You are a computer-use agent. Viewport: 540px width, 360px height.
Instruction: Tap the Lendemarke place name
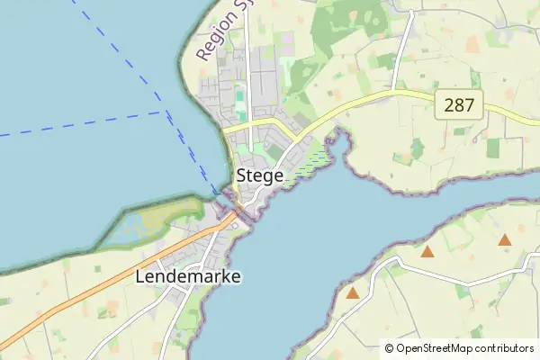click(187, 276)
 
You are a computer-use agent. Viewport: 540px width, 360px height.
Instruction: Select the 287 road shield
click(460, 105)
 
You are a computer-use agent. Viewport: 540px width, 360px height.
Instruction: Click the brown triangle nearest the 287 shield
click(505, 240)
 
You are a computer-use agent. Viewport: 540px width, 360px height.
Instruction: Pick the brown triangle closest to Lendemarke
click(353, 292)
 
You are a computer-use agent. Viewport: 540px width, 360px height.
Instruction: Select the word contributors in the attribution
click(506, 347)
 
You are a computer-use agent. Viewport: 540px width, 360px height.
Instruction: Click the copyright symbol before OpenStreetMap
click(390, 347)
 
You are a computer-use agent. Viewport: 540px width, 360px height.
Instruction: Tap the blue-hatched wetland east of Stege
click(312, 162)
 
